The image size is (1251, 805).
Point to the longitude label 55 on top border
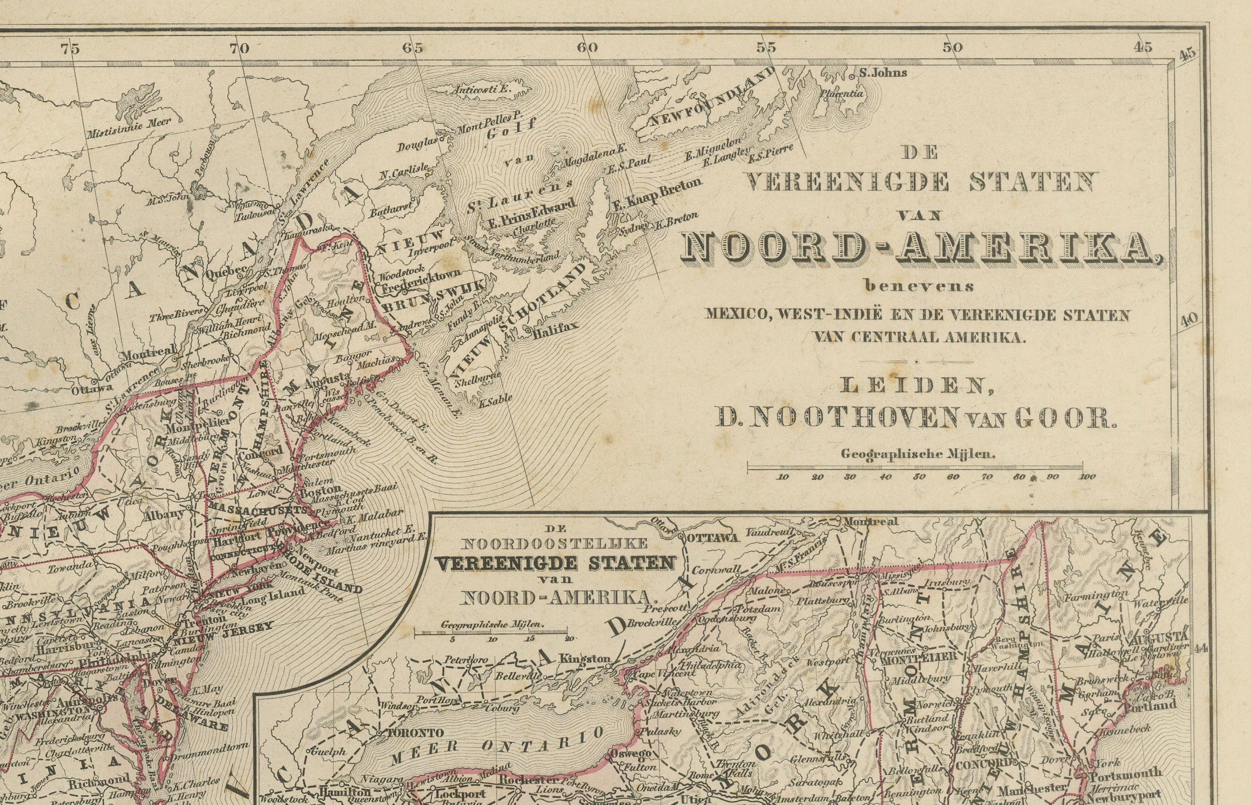pos(766,47)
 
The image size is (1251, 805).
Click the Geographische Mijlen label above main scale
pos(918,454)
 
